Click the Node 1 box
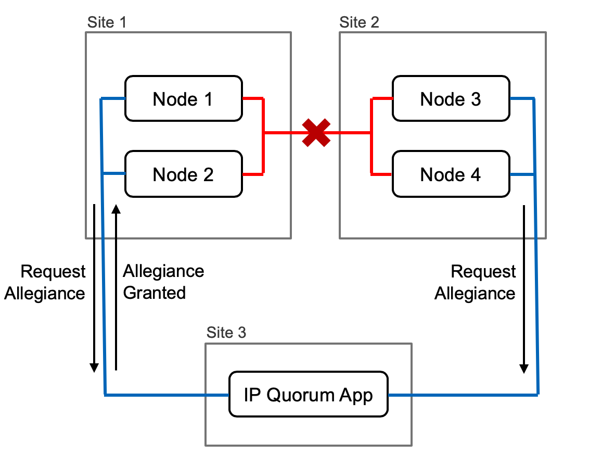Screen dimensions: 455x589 183,99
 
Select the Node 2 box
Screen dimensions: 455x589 183,174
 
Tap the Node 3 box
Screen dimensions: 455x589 451,99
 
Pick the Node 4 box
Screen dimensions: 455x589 451,174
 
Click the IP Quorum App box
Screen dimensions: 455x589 309,395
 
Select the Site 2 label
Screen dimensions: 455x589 360,22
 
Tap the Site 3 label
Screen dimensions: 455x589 226,333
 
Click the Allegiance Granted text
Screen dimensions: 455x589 162,282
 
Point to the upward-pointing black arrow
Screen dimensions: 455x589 116,286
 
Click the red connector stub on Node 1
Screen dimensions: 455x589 253,98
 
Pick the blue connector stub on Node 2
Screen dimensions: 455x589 115,173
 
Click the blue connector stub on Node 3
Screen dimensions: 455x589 521,98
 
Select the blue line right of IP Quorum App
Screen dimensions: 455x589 463,395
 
